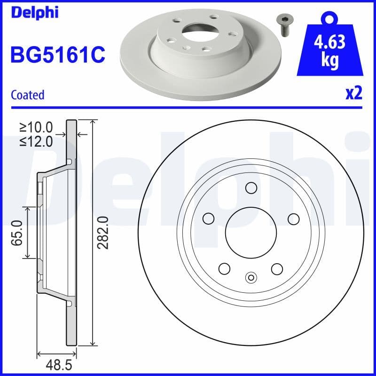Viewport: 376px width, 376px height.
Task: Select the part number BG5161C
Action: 57,55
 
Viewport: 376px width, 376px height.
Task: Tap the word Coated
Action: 27,95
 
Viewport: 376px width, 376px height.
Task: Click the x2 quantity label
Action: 354,94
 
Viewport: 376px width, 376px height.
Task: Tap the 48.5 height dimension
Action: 57,365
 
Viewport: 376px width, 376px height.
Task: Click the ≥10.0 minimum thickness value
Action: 36,127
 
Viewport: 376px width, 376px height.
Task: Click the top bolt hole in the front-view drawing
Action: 251,188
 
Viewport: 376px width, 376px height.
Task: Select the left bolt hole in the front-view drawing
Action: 208,219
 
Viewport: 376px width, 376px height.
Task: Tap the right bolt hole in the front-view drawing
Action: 293,219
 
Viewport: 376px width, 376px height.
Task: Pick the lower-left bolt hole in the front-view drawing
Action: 224,268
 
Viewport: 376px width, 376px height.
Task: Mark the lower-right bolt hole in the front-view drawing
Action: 277,268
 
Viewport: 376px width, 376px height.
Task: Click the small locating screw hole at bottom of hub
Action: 251,278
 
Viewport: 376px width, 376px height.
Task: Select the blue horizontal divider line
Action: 188,108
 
